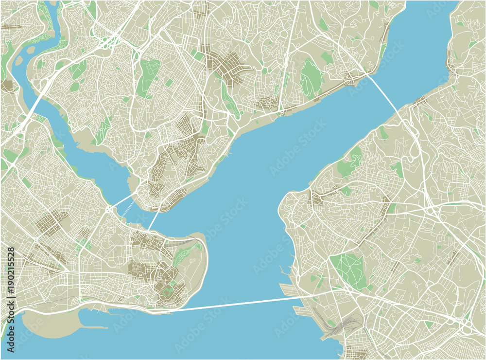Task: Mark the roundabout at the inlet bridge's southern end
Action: [x=110, y=209]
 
